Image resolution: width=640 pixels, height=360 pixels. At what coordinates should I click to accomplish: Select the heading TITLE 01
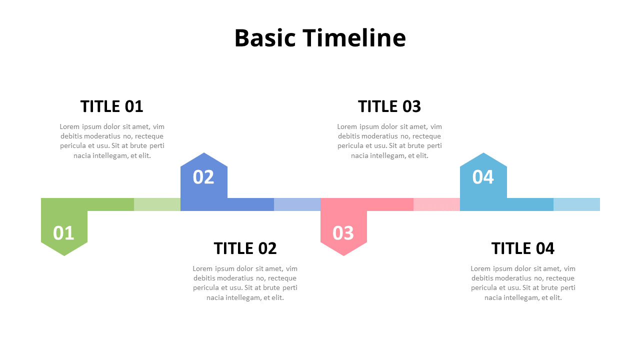point(111,106)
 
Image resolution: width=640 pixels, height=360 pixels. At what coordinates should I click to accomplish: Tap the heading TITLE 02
point(245,248)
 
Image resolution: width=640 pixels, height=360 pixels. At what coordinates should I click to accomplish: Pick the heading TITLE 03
point(389,106)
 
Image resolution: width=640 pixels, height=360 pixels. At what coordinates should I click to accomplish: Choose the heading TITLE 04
point(522,248)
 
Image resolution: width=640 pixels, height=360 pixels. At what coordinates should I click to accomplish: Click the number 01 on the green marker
point(63,233)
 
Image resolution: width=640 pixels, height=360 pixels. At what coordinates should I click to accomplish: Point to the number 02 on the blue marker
point(203,177)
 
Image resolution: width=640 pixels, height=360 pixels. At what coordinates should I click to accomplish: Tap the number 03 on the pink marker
point(343,233)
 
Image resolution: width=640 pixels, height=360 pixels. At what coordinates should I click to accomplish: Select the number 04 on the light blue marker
point(483,177)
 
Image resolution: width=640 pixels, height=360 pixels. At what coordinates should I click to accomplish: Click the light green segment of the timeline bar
point(157,204)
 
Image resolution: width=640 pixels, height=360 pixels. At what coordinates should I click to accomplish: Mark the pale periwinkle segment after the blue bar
point(297,204)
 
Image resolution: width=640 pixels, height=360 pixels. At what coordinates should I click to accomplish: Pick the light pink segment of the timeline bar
point(436,204)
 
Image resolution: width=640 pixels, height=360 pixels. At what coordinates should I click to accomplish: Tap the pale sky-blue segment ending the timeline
point(576,204)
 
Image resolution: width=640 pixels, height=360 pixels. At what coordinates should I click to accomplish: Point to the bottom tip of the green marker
point(64,254)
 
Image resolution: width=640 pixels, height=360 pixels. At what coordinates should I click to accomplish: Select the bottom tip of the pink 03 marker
point(343,254)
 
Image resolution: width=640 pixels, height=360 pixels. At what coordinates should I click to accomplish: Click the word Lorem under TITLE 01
point(69,126)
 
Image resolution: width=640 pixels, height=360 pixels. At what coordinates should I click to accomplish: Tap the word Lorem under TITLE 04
point(480,268)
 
